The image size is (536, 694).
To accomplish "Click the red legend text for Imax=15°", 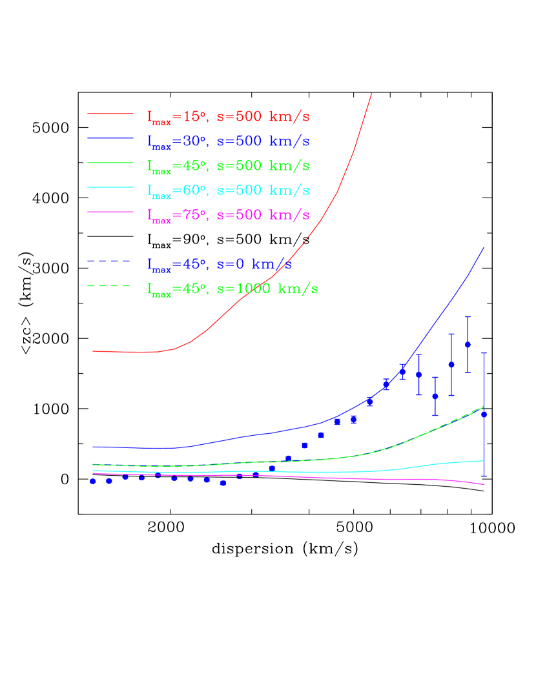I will (229, 117).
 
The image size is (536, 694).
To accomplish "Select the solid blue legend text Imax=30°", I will (229, 142).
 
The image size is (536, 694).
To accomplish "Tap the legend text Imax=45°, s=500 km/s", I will (229, 167).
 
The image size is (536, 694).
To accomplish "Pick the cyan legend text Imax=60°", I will (229, 191).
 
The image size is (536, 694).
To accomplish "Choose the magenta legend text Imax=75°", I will (229, 216).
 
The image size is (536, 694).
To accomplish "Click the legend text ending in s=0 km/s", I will (220, 265).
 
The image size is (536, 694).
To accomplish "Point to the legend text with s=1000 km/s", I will (232, 289).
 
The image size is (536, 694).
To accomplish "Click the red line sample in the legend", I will (110, 114).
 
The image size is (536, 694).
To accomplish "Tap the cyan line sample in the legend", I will (110, 187).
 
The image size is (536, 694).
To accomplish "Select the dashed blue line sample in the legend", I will (109, 261).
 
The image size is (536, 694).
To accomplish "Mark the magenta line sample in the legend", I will (110, 212).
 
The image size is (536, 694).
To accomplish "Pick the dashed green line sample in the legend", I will (109, 285).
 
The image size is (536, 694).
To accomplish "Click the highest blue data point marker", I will (468, 345).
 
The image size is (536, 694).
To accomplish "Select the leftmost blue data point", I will (92, 481).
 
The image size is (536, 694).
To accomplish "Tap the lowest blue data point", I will (223, 483).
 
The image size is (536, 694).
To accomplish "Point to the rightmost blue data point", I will (484, 414).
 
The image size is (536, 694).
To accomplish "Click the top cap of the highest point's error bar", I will (468, 317).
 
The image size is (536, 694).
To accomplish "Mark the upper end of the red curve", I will (372, 94).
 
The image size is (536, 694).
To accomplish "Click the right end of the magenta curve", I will (484, 485).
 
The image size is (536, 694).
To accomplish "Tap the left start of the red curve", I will (93, 351).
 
